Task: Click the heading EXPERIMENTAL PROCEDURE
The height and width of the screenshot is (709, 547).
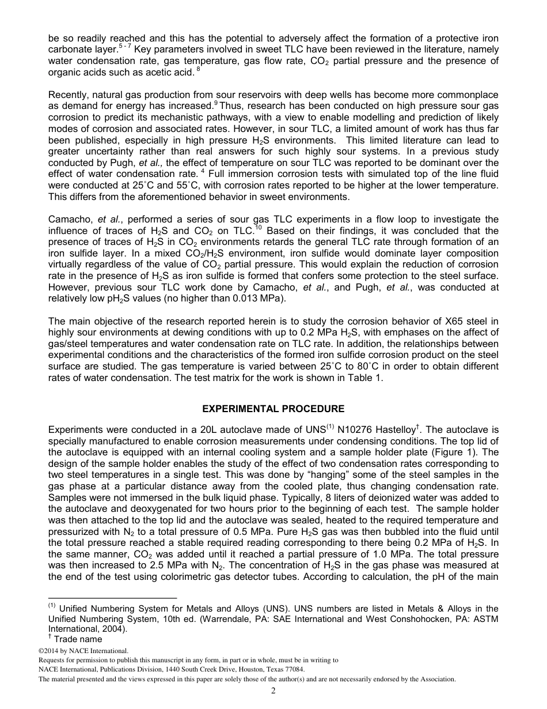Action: (273, 409)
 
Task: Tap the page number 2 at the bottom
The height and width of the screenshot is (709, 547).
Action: (273, 691)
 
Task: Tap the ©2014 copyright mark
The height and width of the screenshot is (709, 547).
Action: (50, 651)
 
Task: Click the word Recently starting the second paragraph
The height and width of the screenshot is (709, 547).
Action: (68, 95)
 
